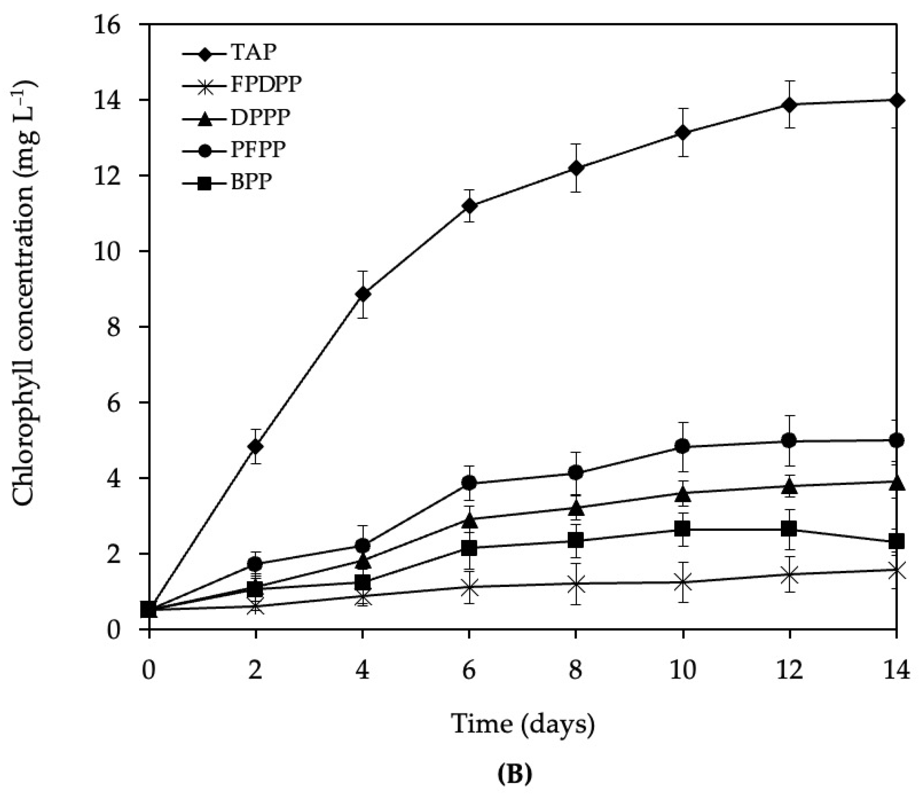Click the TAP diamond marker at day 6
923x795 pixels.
point(469,205)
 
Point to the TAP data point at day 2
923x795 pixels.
point(255,447)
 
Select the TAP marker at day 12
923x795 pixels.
point(789,105)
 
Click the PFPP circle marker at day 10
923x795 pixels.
point(682,447)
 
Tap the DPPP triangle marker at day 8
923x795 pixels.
point(576,508)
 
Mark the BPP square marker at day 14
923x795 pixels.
point(896,542)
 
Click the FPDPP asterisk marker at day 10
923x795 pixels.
point(682,582)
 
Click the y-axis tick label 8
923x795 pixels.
point(114,327)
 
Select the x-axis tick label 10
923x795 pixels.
point(682,670)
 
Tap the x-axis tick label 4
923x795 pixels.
point(363,670)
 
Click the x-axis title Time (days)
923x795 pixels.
point(523,724)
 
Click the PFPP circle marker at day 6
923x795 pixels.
point(469,483)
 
